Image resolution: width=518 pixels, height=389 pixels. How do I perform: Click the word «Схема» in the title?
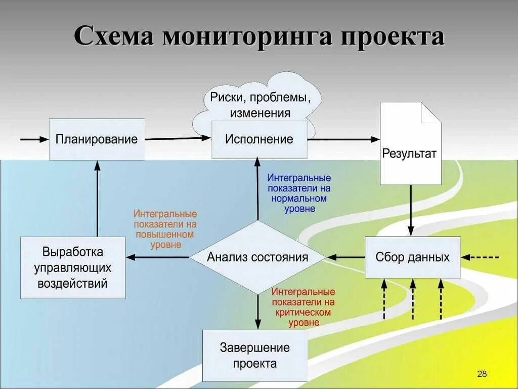114,37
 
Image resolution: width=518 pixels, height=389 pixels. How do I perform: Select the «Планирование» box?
97,139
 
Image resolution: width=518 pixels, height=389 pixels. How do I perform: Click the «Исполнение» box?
259,139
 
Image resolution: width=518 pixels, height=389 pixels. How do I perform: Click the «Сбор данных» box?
412,257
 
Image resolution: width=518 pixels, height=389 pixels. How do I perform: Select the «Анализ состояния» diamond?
257,257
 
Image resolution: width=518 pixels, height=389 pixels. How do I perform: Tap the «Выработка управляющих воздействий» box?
73,267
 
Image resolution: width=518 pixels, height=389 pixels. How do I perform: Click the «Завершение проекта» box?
255,356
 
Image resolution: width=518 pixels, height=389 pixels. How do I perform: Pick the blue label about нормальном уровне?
299,193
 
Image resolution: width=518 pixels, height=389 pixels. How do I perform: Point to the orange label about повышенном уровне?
165,229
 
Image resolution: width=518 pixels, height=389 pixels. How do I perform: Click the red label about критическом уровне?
303,307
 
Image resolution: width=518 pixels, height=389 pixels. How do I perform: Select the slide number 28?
482,374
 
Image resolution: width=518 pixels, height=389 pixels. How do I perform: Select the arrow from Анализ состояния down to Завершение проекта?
258,312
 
